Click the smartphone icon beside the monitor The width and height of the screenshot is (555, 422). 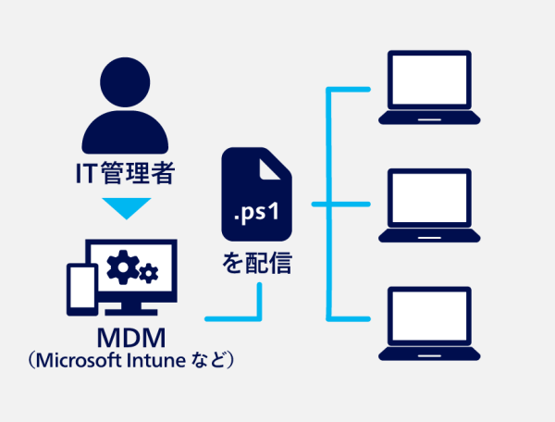80,288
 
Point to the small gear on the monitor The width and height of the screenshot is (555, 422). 149,273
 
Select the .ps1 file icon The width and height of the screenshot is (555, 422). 256,194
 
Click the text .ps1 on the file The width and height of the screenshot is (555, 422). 256,214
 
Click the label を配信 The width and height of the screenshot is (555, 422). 256,263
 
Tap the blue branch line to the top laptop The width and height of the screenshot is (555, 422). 351,90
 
